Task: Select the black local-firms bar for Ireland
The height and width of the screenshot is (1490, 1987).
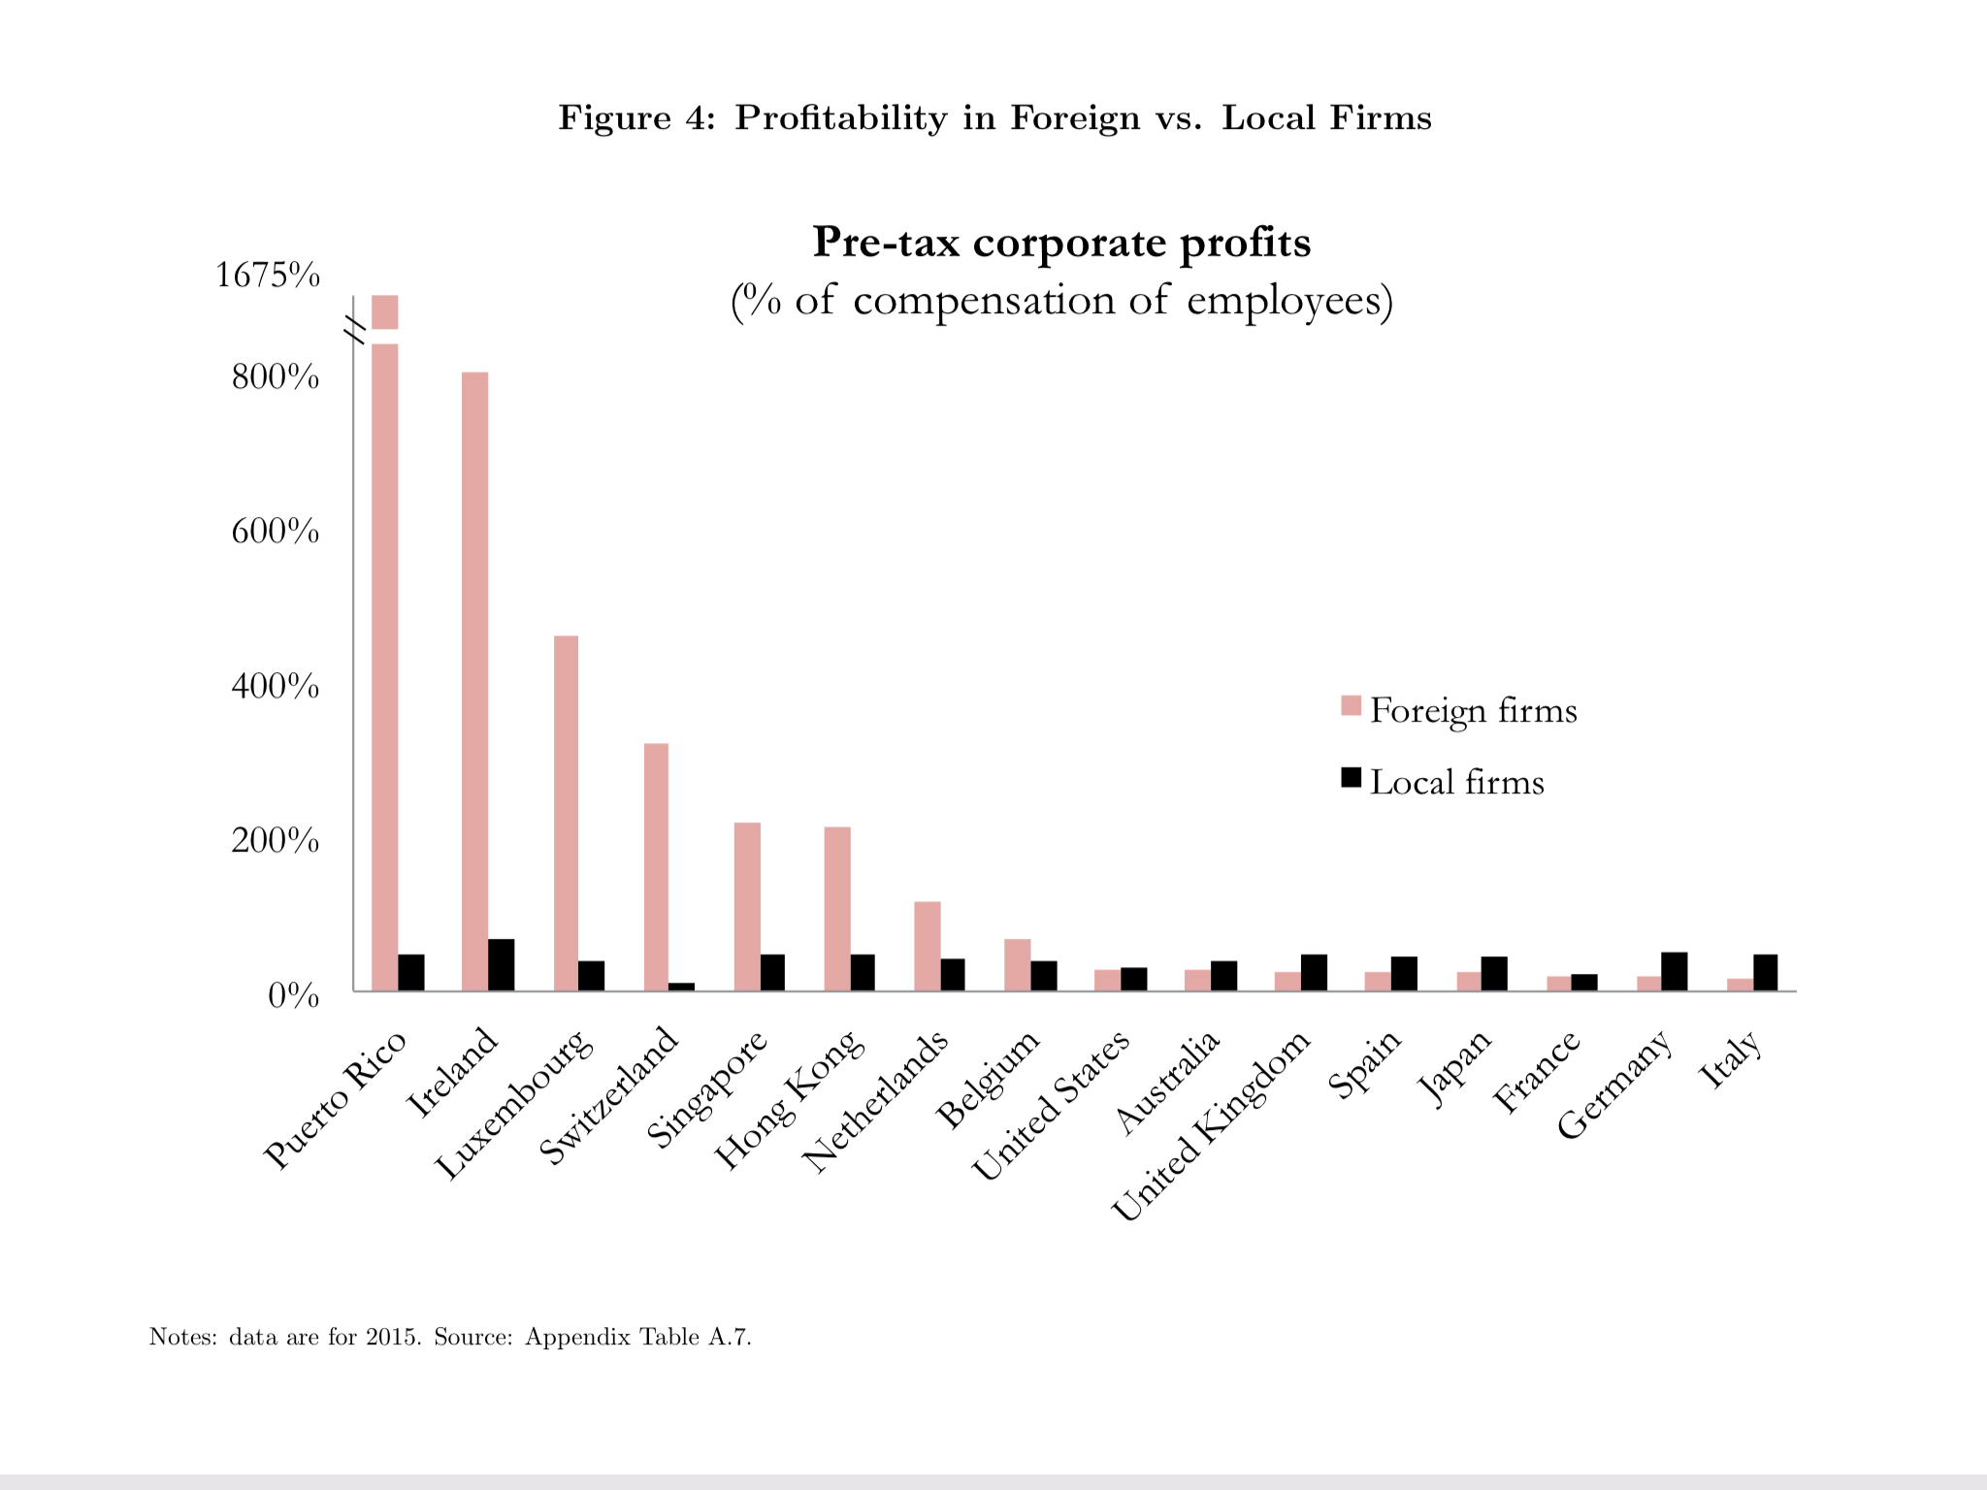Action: [501, 965]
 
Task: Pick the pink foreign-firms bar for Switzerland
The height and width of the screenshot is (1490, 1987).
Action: [656, 867]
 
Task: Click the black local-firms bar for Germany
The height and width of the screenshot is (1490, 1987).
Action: [1674, 972]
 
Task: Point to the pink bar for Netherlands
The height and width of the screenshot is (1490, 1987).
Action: [927, 947]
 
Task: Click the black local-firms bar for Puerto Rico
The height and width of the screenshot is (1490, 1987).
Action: [410, 973]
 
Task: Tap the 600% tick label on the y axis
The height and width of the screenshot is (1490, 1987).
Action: [275, 532]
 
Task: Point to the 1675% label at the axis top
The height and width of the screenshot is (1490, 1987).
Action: [267, 275]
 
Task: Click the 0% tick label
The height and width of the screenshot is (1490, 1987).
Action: [293, 995]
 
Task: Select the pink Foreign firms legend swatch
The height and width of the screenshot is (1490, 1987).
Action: [1351, 706]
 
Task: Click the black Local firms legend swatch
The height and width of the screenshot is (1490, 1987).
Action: [1351, 778]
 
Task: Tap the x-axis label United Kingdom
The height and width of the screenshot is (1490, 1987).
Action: [1213, 1125]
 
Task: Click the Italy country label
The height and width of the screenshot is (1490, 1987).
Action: [1731, 1059]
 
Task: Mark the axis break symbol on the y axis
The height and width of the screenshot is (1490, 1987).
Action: [356, 329]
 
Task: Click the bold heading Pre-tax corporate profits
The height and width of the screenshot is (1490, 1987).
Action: [1061, 243]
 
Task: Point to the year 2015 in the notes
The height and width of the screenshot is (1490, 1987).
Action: [392, 1337]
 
